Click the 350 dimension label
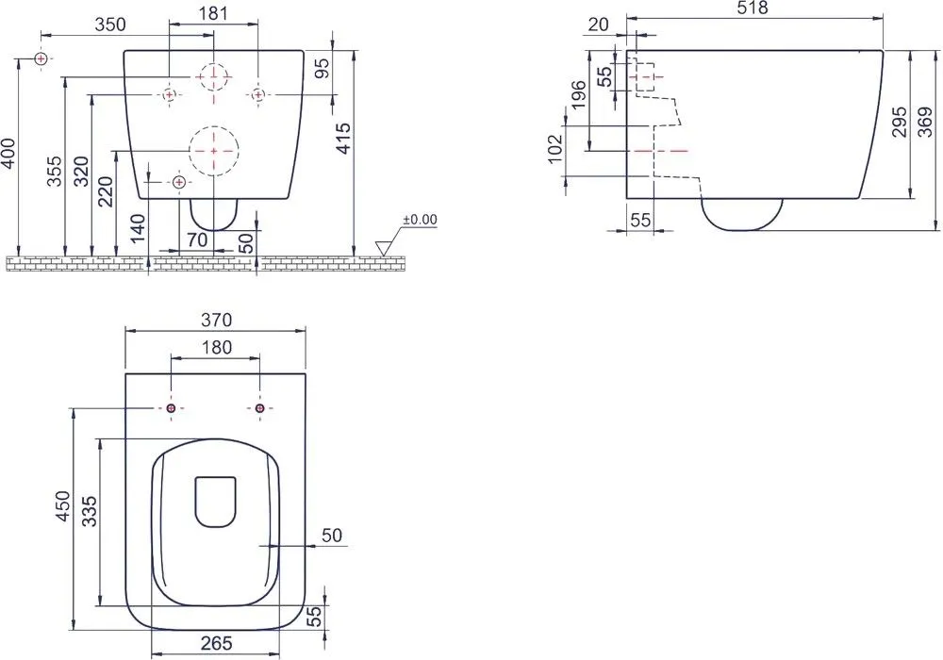click(x=110, y=25)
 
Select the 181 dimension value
click(x=213, y=13)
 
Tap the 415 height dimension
click(x=343, y=138)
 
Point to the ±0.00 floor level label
click(x=420, y=220)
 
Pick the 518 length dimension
click(x=752, y=8)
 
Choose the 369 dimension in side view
click(x=925, y=122)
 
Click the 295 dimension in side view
click(x=899, y=122)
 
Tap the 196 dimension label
click(x=578, y=94)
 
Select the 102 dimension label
click(x=554, y=148)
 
